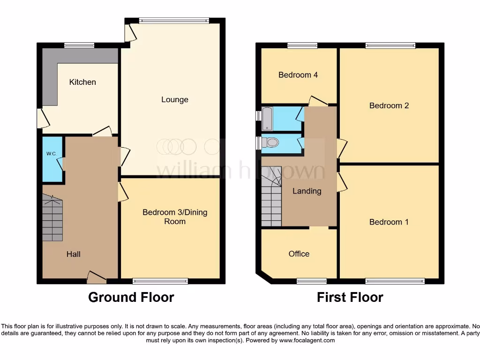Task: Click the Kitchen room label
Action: [x=82, y=82]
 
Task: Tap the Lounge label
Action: [x=175, y=99]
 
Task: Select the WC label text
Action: [x=51, y=154]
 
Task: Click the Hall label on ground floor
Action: [x=73, y=254]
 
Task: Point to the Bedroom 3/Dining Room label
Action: [x=175, y=217]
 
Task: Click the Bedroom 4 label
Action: [x=298, y=75]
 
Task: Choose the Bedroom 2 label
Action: [x=389, y=105]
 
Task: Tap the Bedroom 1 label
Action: [x=389, y=222]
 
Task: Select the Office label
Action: [x=299, y=254]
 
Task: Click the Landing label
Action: [x=307, y=191]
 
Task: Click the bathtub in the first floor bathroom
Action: [x=267, y=119]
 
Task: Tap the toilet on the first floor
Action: [x=271, y=143]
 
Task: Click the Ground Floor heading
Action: [x=131, y=297]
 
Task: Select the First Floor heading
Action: [x=350, y=297]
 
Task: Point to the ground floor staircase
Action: [x=52, y=218]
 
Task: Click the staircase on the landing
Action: [x=271, y=197]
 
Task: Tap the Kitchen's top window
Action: [x=79, y=45]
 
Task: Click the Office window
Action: [x=312, y=281]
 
